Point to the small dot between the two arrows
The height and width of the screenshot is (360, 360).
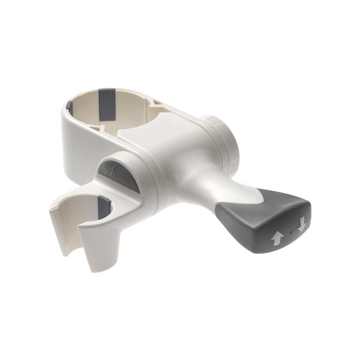coord(289,231)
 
